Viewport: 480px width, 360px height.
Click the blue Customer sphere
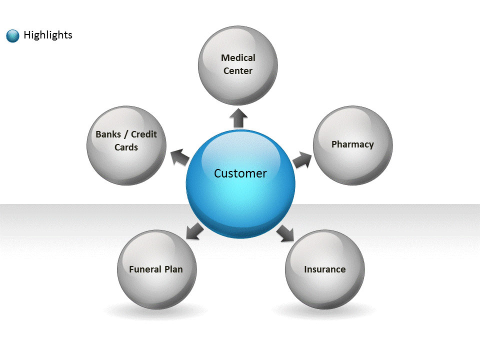(x=240, y=184)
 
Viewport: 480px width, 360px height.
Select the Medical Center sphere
(x=238, y=65)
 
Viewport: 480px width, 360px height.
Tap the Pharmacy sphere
(x=352, y=145)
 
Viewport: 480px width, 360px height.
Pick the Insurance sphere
(x=325, y=269)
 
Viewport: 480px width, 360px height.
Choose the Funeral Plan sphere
(x=156, y=269)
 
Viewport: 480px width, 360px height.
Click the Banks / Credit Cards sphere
(x=126, y=145)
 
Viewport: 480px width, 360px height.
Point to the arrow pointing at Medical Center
(x=238, y=118)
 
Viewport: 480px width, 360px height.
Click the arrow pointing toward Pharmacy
(x=302, y=160)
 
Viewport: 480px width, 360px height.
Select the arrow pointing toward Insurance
(x=285, y=233)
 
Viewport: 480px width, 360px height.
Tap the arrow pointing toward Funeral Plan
(x=195, y=231)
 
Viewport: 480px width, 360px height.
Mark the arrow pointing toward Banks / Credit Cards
(x=180, y=157)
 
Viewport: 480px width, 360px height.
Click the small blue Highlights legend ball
(x=12, y=36)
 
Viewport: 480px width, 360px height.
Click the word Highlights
(x=48, y=35)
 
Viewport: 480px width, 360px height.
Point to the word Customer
(x=240, y=173)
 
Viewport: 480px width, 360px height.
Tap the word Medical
(x=238, y=57)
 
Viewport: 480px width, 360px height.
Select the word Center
(x=238, y=70)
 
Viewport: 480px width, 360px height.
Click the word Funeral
(x=145, y=269)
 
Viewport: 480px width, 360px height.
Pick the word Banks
(x=108, y=134)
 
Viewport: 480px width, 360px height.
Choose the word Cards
(x=126, y=147)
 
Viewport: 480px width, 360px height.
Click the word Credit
(x=144, y=134)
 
